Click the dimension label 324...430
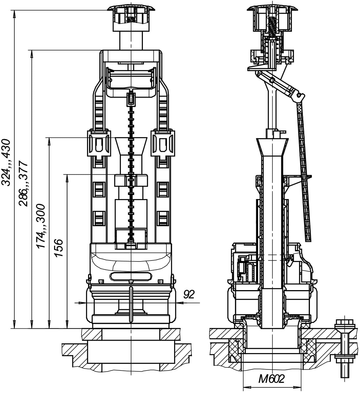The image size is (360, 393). [6, 162]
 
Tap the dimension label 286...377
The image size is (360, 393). [23, 184]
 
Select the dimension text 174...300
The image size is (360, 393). [41, 226]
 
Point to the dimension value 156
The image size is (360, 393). [58, 248]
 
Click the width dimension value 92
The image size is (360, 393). [189, 294]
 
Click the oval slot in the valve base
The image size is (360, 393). [131, 276]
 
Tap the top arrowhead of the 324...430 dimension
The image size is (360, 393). [14, 14]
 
